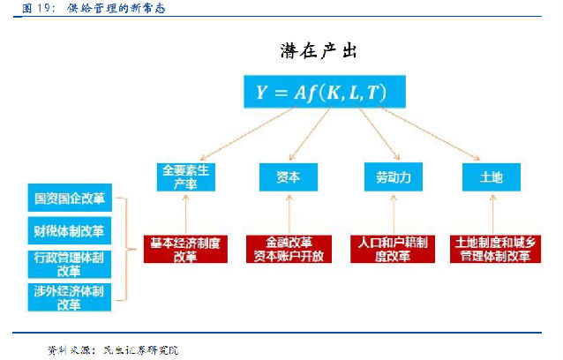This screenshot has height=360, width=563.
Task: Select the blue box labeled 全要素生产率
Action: [x=185, y=177]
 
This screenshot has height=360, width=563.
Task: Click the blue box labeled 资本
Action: [x=289, y=177]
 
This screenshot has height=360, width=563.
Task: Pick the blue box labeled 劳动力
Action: [x=387, y=177]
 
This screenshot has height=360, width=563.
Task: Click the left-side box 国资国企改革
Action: [x=69, y=200]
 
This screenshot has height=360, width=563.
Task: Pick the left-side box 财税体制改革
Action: [x=69, y=232]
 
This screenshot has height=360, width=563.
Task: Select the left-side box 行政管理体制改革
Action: [x=69, y=264]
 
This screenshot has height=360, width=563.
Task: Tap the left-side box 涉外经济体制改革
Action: [x=69, y=296]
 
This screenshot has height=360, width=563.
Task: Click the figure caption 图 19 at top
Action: [x=85, y=8]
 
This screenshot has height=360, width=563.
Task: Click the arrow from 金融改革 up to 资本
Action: [x=289, y=214]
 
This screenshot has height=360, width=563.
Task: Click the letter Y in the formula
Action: [x=261, y=93]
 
